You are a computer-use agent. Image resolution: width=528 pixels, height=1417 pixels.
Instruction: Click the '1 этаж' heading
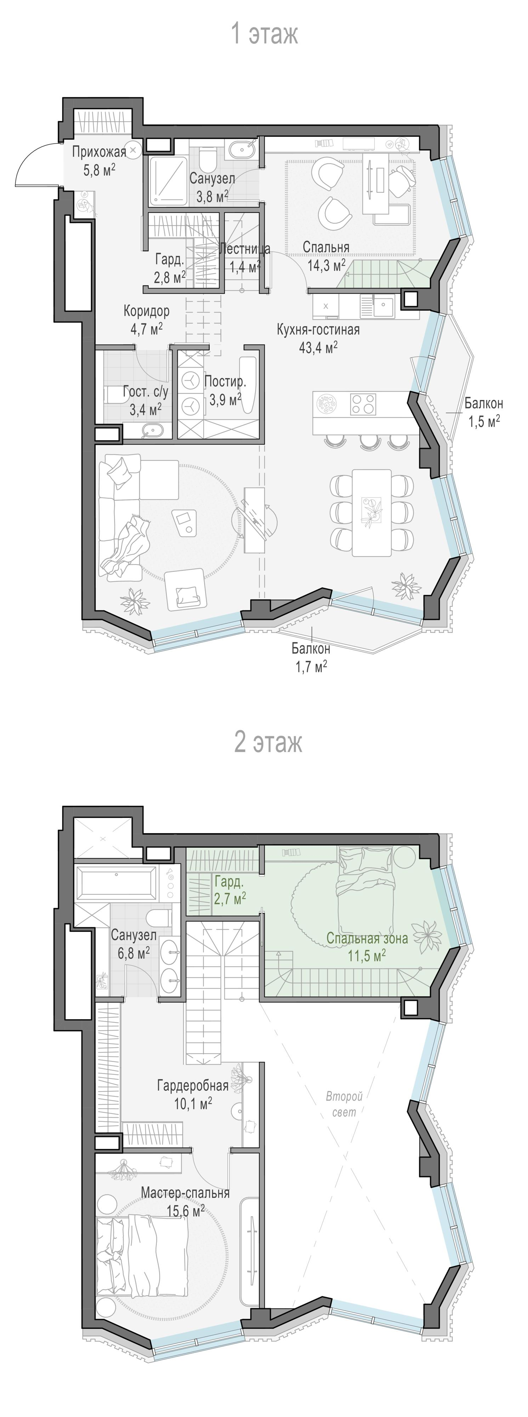coord(265,34)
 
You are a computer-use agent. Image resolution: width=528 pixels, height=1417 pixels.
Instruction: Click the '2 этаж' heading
coord(268,742)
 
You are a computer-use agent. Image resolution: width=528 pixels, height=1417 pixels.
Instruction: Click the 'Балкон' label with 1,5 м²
coord(483,403)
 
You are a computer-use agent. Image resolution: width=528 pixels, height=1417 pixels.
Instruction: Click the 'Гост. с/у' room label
coord(146,392)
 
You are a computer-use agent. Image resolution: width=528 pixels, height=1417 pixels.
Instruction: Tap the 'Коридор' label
coord(146,311)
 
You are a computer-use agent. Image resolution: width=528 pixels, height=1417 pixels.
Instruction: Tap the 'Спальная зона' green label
coord(367,938)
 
